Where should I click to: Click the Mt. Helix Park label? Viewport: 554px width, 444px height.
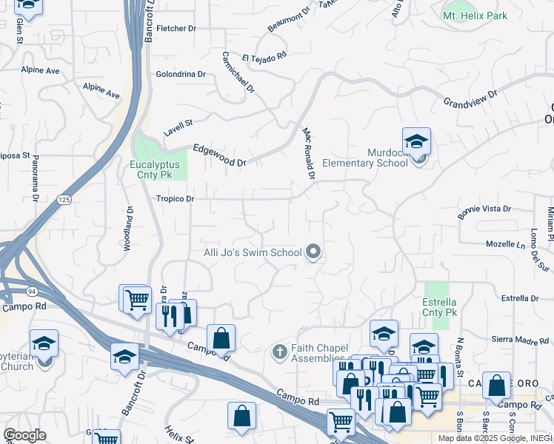pyautogui.click(x=475, y=15)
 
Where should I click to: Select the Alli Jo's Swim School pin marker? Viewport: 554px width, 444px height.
pyautogui.click(x=313, y=252)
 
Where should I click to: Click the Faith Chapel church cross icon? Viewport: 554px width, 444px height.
pyautogui.click(x=279, y=350)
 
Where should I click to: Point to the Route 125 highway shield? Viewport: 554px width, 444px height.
pyautogui.click(x=64, y=200)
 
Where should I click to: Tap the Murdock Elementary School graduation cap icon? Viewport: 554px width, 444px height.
pyautogui.click(x=416, y=141)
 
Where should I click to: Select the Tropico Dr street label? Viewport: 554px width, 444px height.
pyautogui.click(x=175, y=198)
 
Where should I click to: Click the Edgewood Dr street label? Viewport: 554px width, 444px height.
pyautogui.click(x=218, y=155)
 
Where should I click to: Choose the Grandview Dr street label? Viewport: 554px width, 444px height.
pyautogui.click(x=470, y=98)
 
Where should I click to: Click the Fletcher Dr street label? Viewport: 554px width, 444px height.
pyautogui.click(x=176, y=28)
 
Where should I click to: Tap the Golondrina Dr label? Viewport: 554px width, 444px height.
pyautogui.click(x=180, y=74)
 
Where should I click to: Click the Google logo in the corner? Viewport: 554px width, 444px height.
pyautogui.click(x=24, y=435)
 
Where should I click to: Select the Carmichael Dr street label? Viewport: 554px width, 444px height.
pyautogui.click(x=238, y=73)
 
